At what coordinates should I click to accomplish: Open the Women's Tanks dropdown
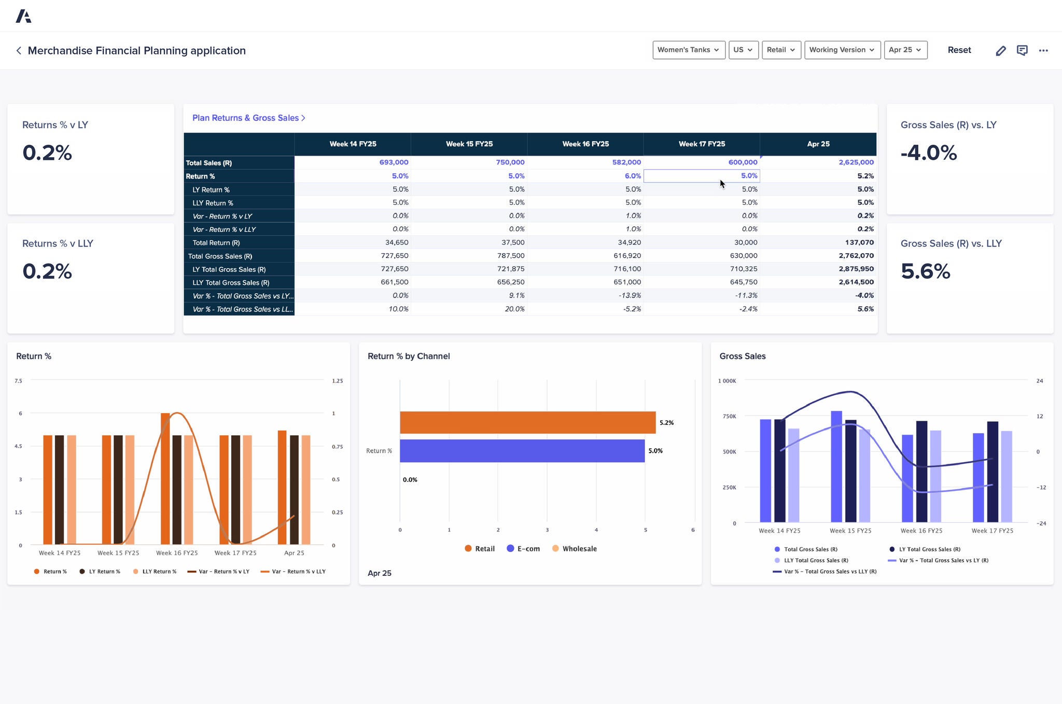coord(688,50)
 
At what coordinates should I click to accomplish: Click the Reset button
coord(959,50)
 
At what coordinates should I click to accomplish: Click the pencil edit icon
coord(1001,50)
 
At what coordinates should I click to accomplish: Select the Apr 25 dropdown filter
coord(905,50)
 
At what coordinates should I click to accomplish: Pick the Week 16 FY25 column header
coord(585,144)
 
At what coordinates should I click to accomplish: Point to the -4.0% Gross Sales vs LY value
coord(928,153)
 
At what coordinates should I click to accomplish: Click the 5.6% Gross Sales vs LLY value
coord(925,271)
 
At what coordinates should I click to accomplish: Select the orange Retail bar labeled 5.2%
coord(527,422)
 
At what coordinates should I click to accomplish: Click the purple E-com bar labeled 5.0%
coord(522,450)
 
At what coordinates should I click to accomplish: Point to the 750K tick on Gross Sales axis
coord(729,416)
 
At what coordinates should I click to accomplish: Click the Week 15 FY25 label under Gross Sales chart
coord(850,530)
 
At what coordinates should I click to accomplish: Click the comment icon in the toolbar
coord(1022,50)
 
